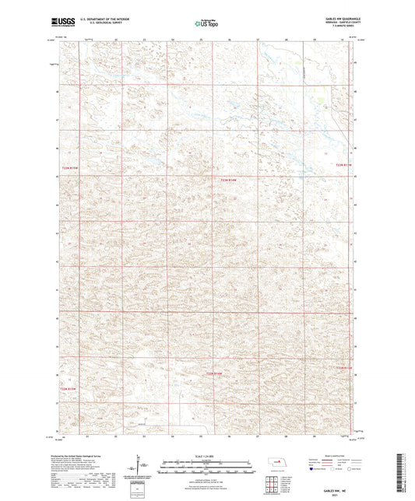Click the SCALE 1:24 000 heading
click(x=207, y=456)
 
